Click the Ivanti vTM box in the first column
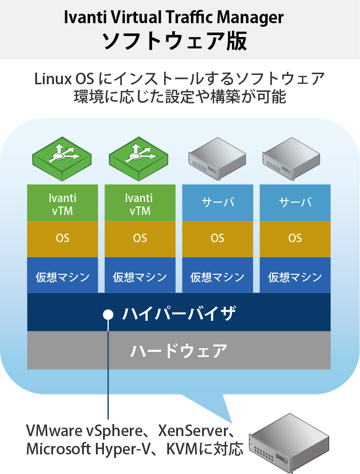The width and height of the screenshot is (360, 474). [x=62, y=203]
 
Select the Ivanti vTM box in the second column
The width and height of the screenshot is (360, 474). [x=140, y=203]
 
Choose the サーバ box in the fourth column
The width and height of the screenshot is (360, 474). [x=295, y=203]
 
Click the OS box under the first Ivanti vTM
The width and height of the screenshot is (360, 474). [x=62, y=239]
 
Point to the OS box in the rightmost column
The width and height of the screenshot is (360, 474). [x=295, y=239]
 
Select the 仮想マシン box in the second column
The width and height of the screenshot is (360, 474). [x=140, y=277]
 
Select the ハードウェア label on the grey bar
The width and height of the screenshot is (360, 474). [x=178, y=350]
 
